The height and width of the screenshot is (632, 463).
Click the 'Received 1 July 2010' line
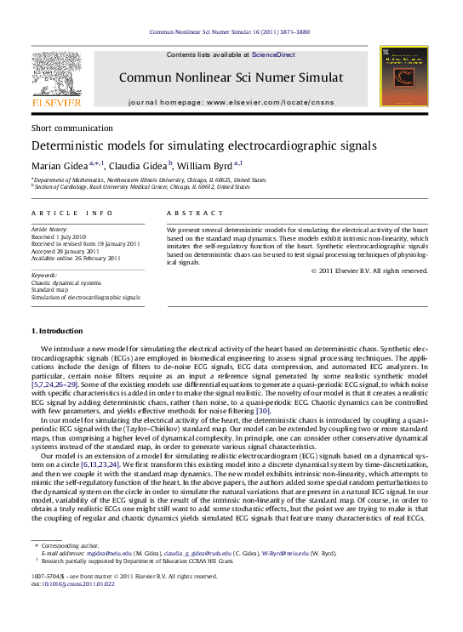point(59,236)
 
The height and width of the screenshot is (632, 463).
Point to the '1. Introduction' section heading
point(58,330)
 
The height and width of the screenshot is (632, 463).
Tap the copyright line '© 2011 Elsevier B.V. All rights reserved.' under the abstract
point(369,270)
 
